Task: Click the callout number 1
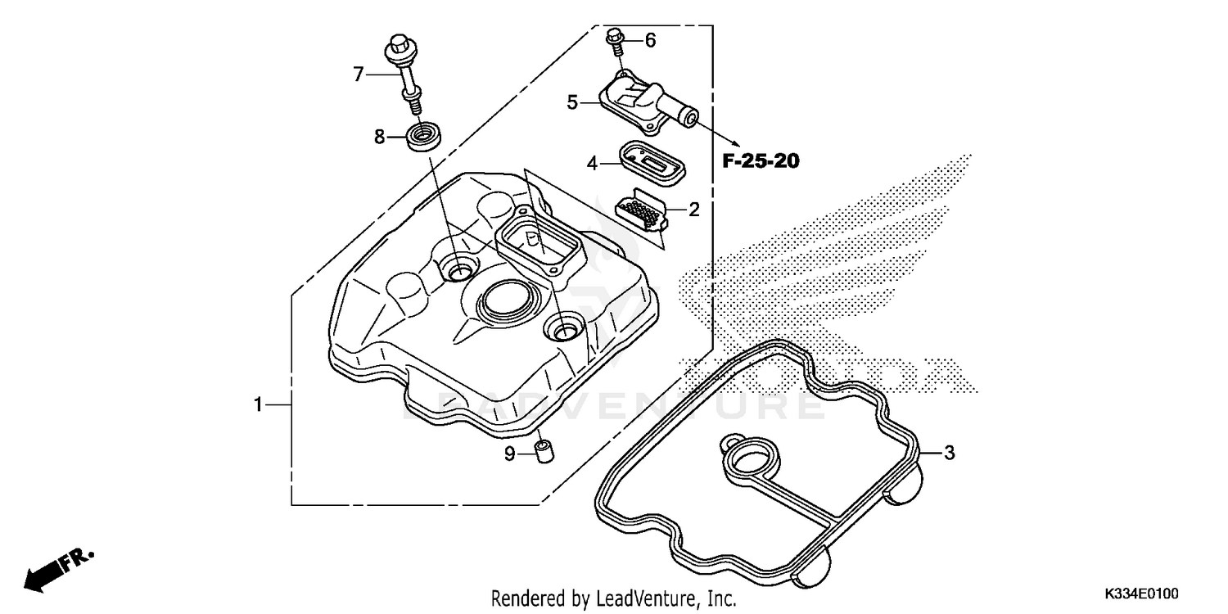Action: (258, 404)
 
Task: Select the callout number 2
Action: (693, 210)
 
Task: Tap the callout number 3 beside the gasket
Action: (949, 452)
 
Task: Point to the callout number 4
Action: (592, 164)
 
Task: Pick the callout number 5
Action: (572, 102)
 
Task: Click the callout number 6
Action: (650, 40)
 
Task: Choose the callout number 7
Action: (358, 74)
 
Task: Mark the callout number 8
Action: (379, 137)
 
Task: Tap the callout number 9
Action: (509, 454)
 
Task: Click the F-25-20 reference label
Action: (760, 161)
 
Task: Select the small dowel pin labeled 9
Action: (541, 451)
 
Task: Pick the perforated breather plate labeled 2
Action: (643, 212)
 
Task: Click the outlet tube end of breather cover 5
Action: (690, 120)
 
